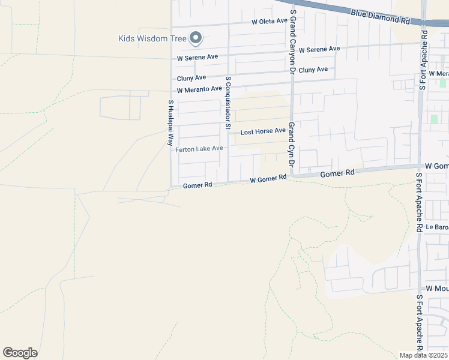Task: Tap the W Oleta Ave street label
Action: click(270, 22)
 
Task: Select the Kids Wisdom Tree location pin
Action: click(195, 38)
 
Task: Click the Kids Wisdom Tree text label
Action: click(152, 39)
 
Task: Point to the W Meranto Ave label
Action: click(199, 89)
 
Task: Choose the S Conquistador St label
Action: click(228, 103)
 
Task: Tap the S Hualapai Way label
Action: click(170, 123)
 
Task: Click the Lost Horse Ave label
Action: click(263, 131)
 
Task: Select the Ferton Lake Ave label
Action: click(199, 149)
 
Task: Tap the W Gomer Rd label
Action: click(268, 179)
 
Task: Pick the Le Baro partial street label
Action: click(437, 228)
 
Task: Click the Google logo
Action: click(20, 353)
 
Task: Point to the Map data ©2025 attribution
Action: click(424, 355)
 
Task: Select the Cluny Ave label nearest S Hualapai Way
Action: click(191, 78)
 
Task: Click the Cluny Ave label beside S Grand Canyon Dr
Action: click(313, 70)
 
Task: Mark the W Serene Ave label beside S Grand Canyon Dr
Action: click(319, 49)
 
